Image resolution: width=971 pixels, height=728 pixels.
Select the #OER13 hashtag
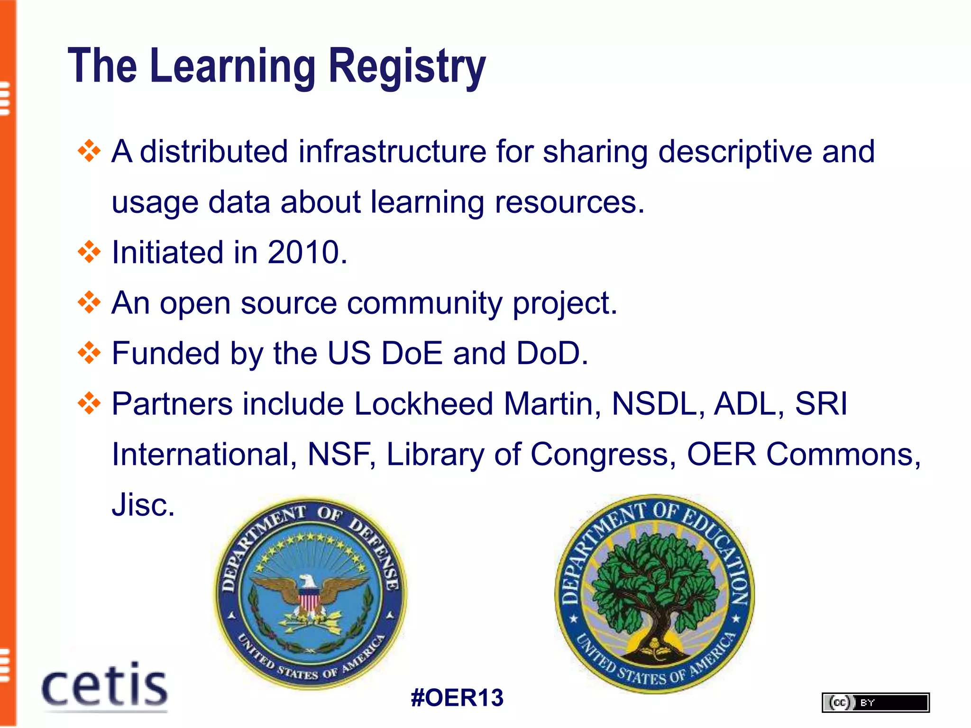457,698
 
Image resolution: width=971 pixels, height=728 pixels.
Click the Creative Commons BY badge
875,702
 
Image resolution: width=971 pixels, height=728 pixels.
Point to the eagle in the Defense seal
309,592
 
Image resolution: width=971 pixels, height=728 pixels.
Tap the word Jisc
143,505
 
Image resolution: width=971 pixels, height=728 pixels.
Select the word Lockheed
423,404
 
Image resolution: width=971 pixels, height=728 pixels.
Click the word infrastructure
392,152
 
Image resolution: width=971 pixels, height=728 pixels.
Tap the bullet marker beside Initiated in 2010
89,252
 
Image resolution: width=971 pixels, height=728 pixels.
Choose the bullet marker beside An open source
89,302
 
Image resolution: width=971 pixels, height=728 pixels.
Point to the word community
424,303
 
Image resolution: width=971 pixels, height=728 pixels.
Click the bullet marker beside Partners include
89,404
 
